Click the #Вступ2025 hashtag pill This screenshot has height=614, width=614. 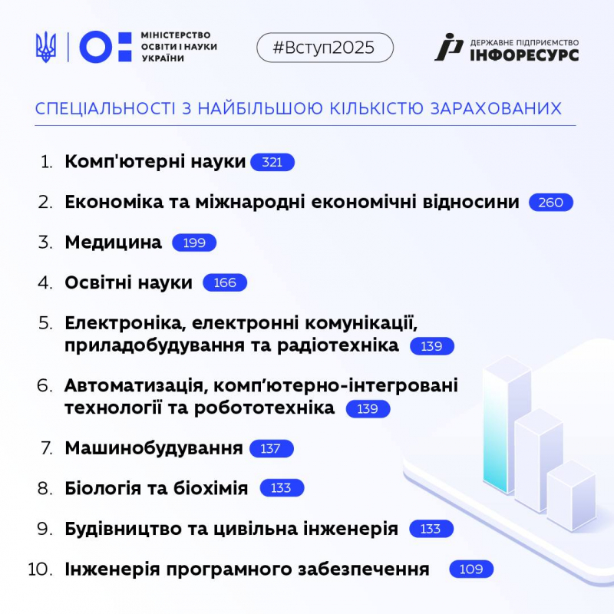pyautogui.click(x=324, y=48)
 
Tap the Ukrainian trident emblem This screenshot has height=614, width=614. pyautogui.click(x=46, y=48)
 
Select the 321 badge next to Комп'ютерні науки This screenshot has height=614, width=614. pyautogui.click(x=272, y=162)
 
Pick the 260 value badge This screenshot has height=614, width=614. pyautogui.click(x=551, y=203)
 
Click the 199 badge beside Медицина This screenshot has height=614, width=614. pyautogui.click(x=194, y=243)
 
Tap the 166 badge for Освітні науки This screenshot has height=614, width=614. pyautogui.click(x=225, y=283)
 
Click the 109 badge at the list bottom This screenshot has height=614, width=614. pyautogui.click(x=471, y=569)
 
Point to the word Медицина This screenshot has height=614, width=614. pyautogui.click(x=114, y=243)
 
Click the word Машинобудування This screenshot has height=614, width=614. pyautogui.click(x=153, y=448)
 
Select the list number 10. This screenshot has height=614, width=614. pyautogui.click(x=40, y=569)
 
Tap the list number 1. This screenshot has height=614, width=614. pyautogui.click(x=48, y=162)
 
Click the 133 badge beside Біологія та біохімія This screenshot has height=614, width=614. pyautogui.click(x=282, y=488)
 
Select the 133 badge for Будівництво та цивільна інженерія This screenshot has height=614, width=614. pyautogui.click(x=431, y=529)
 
